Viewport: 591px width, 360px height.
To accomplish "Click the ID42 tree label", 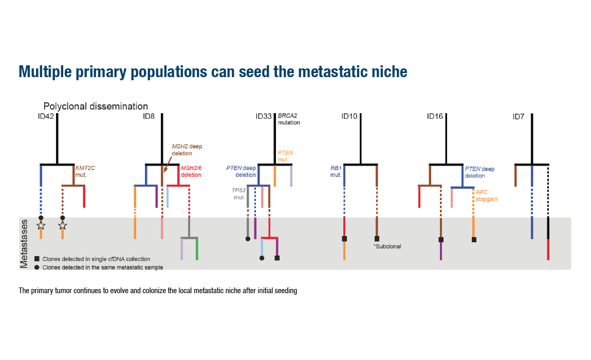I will pyautogui.click(x=46, y=117).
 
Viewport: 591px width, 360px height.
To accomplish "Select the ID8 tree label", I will pyautogui.click(x=149, y=117).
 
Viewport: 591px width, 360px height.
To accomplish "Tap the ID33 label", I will pyautogui.click(x=264, y=117).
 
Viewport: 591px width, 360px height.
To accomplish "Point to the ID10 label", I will pyautogui.click(x=349, y=117).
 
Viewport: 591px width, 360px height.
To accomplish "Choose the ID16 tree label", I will pyautogui.click(x=435, y=117).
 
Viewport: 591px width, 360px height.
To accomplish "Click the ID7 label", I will pyautogui.click(x=519, y=117).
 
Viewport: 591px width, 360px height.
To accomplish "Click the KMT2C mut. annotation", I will pyautogui.click(x=85, y=171).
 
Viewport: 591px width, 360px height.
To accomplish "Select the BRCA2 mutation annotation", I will pyautogui.click(x=288, y=119).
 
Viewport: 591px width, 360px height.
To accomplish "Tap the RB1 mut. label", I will pyautogui.click(x=336, y=171).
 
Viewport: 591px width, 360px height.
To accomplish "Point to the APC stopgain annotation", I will pyautogui.click(x=486, y=195).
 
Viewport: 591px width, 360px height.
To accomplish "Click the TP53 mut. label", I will pyautogui.click(x=238, y=193).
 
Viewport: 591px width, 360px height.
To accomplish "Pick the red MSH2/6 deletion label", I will pyautogui.click(x=191, y=171).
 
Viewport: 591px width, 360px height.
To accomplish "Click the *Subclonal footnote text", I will pyautogui.click(x=387, y=246).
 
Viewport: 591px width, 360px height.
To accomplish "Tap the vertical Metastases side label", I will pyautogui.click(x=24, y=243).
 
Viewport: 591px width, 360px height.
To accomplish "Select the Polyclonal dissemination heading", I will pyautogui.click(x=96, y=106).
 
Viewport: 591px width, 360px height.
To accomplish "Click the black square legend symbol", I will pyautogui.click(x=37, y=259).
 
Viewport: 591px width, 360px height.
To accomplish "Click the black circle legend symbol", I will pyautogui.click(x=37, y=267).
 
